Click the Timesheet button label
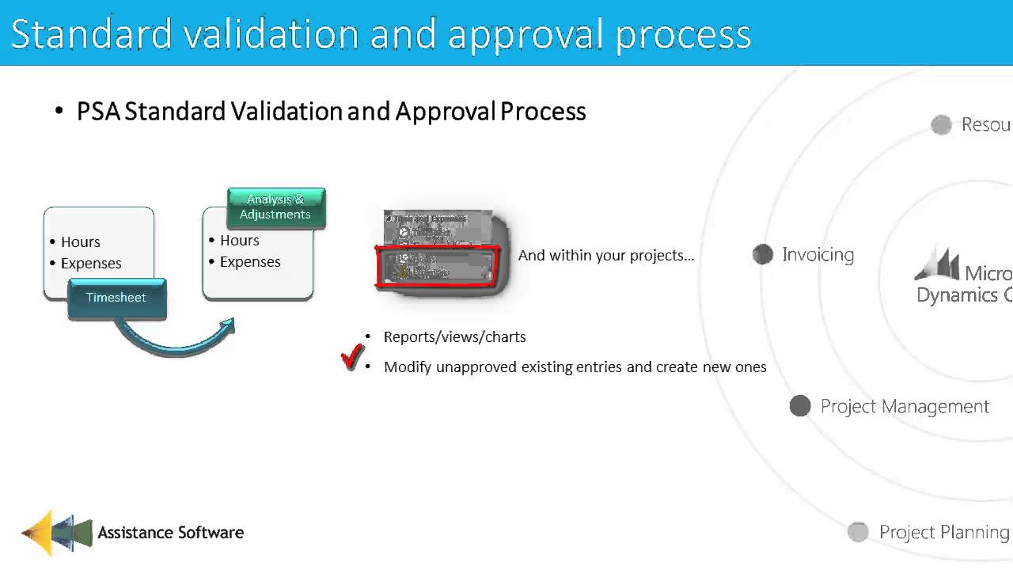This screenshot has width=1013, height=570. (x=116, y=298)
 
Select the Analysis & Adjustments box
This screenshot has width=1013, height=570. (x=275, y=207)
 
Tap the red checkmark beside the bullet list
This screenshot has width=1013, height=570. (x=352, y=357)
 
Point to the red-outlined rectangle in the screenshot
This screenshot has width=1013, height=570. (x=437, y=265)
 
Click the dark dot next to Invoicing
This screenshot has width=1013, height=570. (x=762, y=254)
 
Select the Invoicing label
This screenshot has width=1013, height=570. (x=818, y=254)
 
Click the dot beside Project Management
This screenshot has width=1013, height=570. (x=800, y=406)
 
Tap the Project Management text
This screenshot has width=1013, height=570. (x=905, y=406)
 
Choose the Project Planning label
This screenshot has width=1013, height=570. (x=943, y=532)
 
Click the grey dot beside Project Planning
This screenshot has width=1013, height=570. (x=858, y=532)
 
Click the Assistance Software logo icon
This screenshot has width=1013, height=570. (x=56, y=532)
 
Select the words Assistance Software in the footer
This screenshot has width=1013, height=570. (x=170, y=532)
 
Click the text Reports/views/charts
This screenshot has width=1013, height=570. (x=454, y=336)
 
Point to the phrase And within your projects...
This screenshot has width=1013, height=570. (x=605, y=256)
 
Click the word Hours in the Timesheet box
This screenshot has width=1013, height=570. (x=81, y=241)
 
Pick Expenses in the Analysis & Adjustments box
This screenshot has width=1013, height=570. (x=250, y=262)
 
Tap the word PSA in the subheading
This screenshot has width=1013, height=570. (x=98, y=111)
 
